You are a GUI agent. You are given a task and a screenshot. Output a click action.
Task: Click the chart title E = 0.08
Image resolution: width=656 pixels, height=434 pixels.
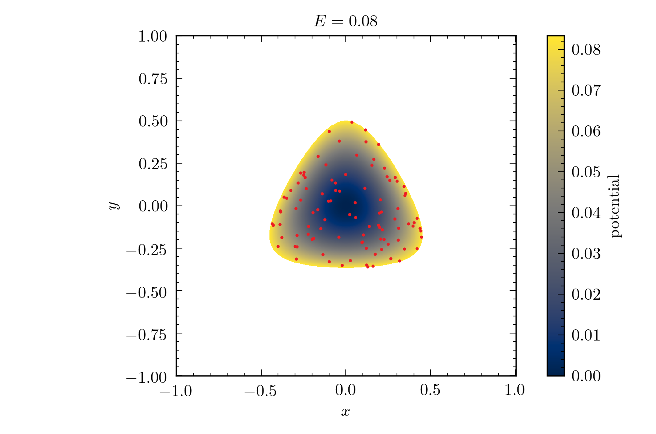345,21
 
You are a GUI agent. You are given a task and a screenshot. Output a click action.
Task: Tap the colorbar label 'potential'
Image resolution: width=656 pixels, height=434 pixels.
615,206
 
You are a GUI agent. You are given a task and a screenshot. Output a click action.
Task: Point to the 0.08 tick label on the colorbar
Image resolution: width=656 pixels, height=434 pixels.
586,49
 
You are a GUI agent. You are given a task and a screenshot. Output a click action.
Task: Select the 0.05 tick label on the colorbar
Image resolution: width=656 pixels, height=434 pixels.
586,172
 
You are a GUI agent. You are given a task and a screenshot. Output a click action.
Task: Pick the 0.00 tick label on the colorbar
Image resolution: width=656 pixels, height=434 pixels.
586,376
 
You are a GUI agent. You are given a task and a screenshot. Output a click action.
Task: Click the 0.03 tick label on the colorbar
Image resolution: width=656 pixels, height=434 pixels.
586,253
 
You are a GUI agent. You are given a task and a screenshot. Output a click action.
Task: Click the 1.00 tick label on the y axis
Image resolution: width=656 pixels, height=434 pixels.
153,36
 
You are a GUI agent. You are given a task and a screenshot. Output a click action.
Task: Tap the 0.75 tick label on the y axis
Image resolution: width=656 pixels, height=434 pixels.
153,79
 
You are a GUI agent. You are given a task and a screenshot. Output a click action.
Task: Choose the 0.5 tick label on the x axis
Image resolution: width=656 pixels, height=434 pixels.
430,390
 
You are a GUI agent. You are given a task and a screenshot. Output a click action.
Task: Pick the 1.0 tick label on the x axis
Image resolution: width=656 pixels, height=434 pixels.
515,390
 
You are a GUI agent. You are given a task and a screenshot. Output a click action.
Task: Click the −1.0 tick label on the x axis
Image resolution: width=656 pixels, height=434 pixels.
175,390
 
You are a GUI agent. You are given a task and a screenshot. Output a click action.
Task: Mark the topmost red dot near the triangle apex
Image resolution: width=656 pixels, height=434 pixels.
352,122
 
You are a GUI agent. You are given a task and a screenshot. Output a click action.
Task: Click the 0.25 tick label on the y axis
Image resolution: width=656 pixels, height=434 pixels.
153,164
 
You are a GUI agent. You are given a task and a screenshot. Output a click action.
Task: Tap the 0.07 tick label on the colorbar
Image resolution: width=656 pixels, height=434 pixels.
586,90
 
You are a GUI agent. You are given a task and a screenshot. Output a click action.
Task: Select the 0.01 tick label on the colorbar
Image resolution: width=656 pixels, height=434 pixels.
586,335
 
